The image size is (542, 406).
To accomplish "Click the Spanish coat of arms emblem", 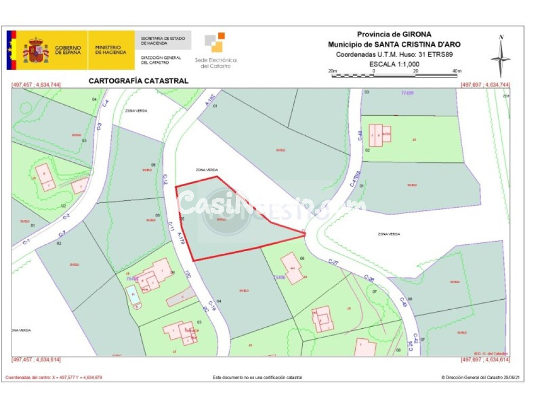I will coord(35,51).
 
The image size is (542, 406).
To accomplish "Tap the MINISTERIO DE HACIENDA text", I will coord(111,50).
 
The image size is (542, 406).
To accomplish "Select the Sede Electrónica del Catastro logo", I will coord(216,51).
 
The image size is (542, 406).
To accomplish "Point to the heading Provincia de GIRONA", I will coord(394,34).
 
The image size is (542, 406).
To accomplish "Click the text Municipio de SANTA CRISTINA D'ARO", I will coord(394,44).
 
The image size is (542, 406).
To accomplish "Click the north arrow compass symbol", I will coord(500,56).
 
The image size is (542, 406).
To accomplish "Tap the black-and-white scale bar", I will coord(394,76).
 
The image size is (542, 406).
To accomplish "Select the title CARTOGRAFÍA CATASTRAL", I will coord(138,81).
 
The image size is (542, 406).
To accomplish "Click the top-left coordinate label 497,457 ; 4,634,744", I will coord(36,85).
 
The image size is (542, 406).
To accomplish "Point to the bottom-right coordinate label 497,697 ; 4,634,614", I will coord(485,359).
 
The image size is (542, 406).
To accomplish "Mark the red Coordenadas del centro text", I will coord(53,377).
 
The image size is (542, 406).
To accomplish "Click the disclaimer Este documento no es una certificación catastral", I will coord(258,377).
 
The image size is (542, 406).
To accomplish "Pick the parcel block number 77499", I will coord(407,93).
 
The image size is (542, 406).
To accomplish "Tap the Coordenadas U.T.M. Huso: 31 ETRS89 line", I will coord(394,54).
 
